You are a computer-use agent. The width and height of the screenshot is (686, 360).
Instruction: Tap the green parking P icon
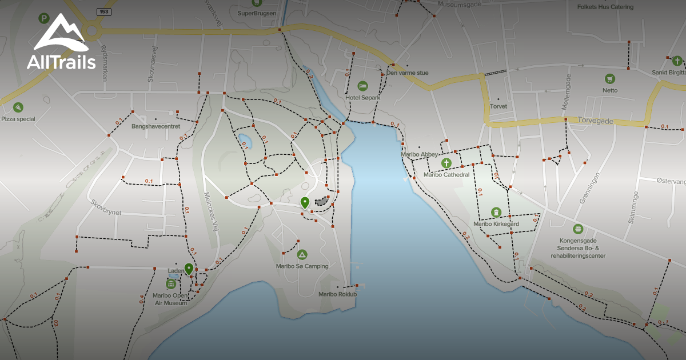click(x=43, y=18)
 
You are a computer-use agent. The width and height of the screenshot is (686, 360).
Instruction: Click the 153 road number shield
click(x=103, y=11)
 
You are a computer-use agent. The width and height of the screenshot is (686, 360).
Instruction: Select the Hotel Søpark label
click(x=362, y=98)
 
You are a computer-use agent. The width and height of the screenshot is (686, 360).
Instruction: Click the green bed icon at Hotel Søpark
click(x=362, y=86)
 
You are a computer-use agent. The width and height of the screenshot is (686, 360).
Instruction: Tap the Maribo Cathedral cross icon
click(x=446, y=163)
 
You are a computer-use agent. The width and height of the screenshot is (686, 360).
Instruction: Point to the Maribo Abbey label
click(x=419, y=154)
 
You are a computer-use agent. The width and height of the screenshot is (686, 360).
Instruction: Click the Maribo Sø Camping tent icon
click(x=302, y=254)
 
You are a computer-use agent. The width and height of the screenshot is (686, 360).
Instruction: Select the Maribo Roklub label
click(x=337, y=294)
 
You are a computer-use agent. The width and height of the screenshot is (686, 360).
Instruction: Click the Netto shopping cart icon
click(x=610, y=78)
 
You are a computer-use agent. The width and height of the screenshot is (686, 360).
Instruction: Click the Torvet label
click(x=498, y=106)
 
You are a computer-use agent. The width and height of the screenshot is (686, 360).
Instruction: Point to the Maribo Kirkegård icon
click(x=496, y=213)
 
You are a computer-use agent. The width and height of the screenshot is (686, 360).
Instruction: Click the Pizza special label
click(x=18, y=119)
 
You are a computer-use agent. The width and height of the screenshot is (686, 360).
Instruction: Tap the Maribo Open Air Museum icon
click(x=170, y=284)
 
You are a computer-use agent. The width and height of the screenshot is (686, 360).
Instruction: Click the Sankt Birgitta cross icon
click(x=677, y=61)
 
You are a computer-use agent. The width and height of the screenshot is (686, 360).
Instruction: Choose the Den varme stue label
click(x=407, y=73)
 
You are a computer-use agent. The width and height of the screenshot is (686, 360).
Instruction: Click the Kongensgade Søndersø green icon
click(x=578, y=229)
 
